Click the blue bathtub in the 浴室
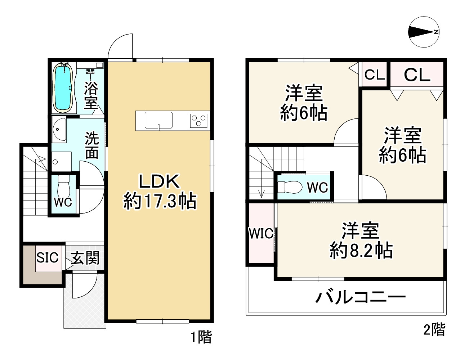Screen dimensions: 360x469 [x=63, y=87]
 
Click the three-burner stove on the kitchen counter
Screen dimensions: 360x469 [x=199, y=120]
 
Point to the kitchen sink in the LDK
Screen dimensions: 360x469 [x=158, y=120]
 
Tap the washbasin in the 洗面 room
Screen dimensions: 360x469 [x=58, y=130]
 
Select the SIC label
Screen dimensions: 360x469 [x=47, y=257]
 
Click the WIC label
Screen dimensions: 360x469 [x=261, y=234]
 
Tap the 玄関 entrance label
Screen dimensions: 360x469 [x=85, y=258]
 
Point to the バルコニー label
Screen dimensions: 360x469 [x=361, y=297]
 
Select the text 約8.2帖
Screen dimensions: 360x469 [x=361, y=250]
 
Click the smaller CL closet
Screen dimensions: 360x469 [x=375, y=75]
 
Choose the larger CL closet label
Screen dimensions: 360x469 [x=417, y=75]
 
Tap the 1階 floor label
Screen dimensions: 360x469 [x=201, y=337]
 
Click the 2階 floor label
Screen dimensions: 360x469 [x=434, y=329]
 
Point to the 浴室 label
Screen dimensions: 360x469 [x=91, y=95]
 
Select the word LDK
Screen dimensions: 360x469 [x=159, y=181]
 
